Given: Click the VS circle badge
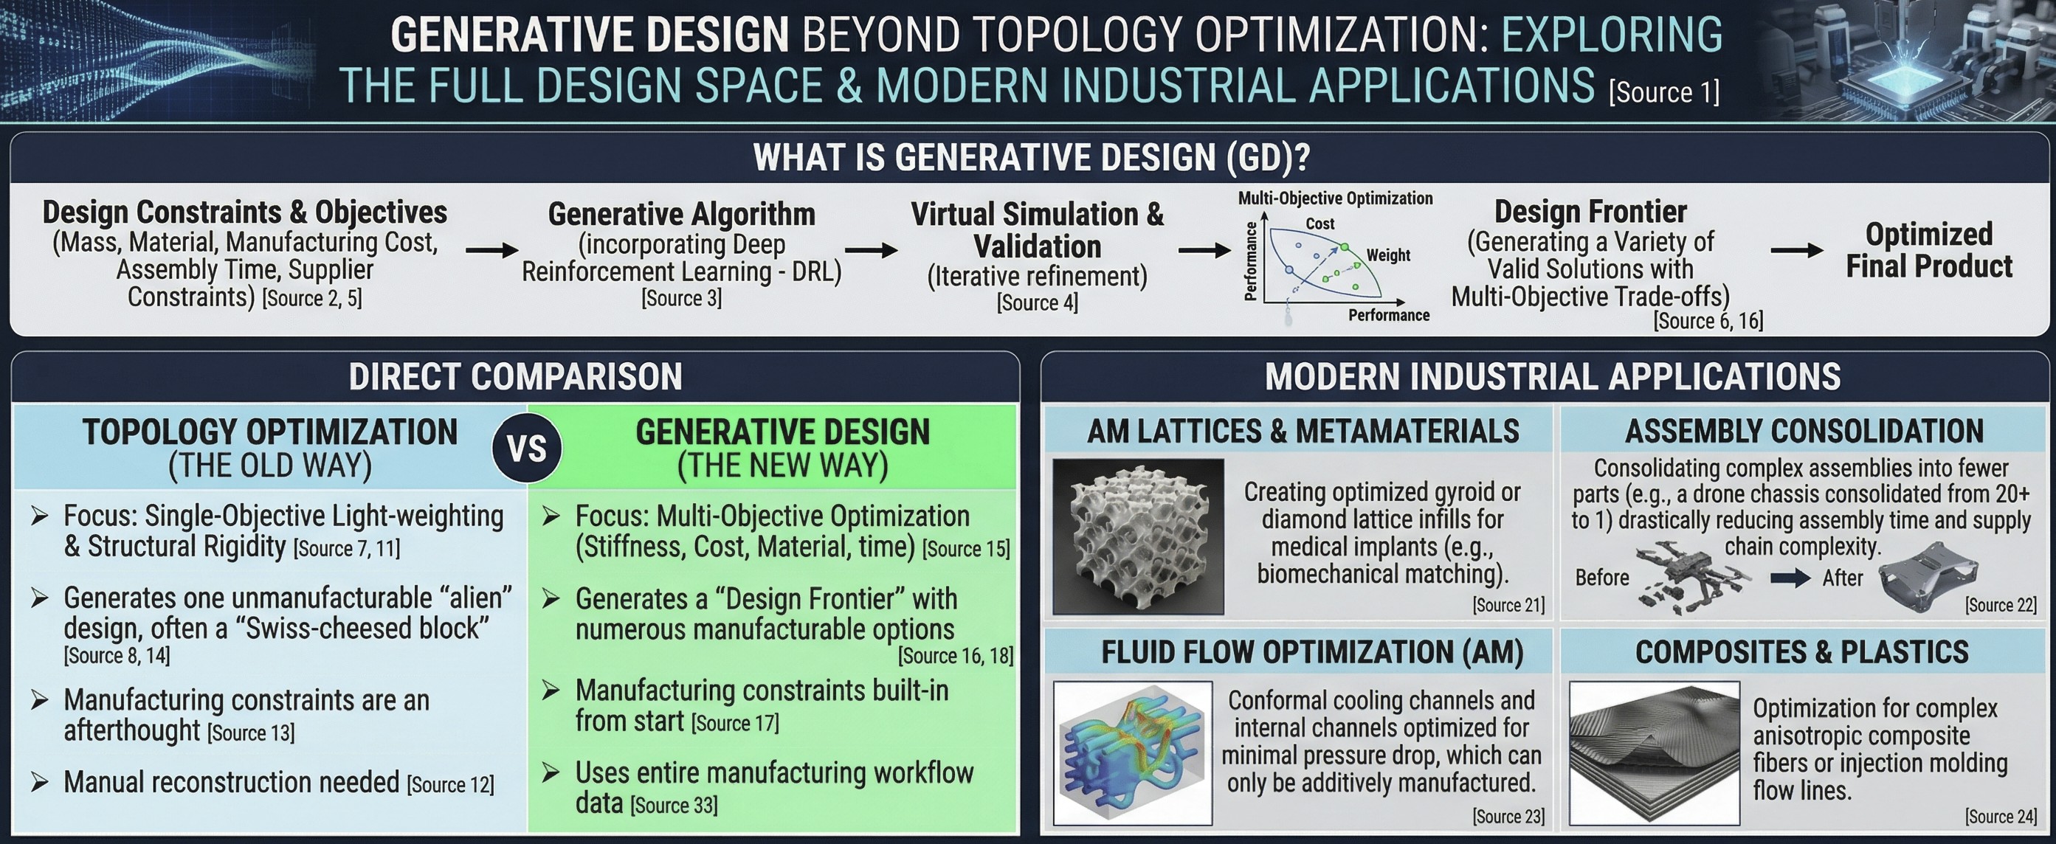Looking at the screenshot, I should pyautogui.click(x=527, y=449).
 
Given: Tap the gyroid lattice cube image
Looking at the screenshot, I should pyautogui.click(x=1138, y=536).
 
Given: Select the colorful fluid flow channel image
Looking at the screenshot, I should pyautogui.click(x=1133, y=753).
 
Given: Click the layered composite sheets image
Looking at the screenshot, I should pyautogui.click(x=1654, y=753).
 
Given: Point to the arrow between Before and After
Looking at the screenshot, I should pyautogui.click(x=1790, y=578).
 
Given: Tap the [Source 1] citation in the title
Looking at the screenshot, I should pyautogui.click(x=1663, y=92).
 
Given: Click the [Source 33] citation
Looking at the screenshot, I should pyautogui.click(x=674, y=805).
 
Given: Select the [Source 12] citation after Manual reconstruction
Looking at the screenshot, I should pyautogui.click(x=450, y=784).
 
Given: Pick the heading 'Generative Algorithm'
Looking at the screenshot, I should pyautogui.click(x=681, y=214).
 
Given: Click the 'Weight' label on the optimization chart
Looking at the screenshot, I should pyautogui.click(x=1388, y=255).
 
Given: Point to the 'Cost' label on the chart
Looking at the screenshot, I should pyautogui.click(x=1320, y=224).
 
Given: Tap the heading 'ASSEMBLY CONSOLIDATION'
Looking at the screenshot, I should pyautogui.click(x=1804, y=432).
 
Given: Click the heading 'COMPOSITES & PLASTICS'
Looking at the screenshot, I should pyautogui.click(x=1801, y=652).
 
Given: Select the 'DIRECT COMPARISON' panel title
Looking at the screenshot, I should pyautogui.click(x=515, y=376).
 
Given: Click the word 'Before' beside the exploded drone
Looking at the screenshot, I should pyautogui.click(x=1602, y=578).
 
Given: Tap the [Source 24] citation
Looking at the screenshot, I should pyautogui.click(x=2000, y=816).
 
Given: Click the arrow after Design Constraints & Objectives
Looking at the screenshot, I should pyautogui.click(x=491, y=251).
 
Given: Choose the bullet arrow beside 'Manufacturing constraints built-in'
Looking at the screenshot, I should pyautogui.click(x=551, y=690).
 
